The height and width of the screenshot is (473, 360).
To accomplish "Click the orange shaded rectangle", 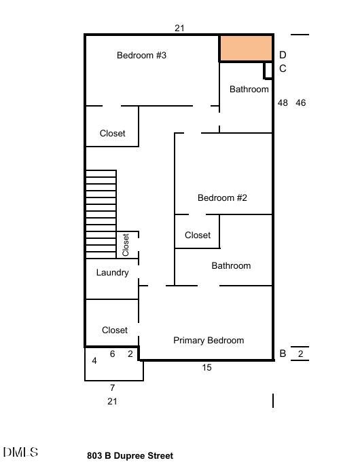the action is (247, 48).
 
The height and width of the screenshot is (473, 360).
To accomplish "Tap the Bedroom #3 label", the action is (141, 55).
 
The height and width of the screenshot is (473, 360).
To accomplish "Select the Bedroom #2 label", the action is (222, 197).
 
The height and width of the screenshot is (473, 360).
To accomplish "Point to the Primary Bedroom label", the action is (209, 340).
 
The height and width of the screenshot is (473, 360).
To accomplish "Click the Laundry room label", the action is (112, 273).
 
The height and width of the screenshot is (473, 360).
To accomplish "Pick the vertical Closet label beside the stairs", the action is (126, 245).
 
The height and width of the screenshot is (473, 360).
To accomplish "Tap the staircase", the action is (101, 214).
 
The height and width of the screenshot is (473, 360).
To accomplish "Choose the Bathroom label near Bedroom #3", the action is (249, 90).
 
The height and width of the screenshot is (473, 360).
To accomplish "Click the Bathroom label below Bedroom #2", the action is (231, 266).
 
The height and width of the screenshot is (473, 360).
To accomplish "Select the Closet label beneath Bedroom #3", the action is (112, 133).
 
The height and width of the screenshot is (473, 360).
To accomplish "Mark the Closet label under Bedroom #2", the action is (198, 235).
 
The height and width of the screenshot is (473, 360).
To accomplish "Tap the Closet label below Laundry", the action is (115, 330).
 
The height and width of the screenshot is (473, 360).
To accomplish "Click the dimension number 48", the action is (283, 103).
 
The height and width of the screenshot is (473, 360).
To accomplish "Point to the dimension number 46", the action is (301, 103).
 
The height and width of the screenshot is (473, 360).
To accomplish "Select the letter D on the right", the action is (283, 55).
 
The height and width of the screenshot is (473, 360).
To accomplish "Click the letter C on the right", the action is (283, 69).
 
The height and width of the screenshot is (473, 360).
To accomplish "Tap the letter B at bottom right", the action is (283, 354).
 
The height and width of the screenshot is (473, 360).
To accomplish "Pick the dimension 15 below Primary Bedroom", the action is (207, 367).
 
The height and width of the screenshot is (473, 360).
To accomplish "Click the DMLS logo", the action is (20, 452).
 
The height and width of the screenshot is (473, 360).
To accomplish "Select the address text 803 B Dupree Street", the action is (130, 455).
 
